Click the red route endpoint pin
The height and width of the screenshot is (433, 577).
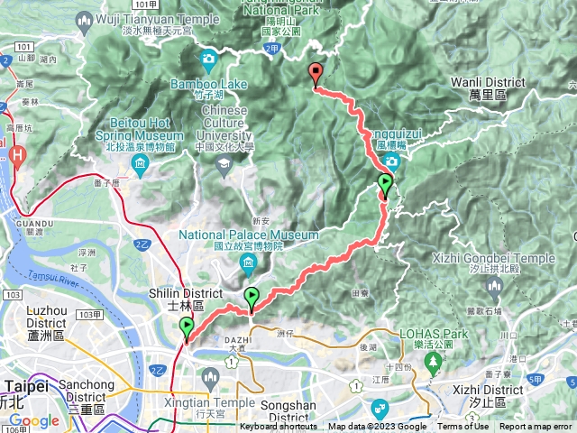[x=315, y=74]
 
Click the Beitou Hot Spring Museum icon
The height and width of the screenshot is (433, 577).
[x=140, y=162]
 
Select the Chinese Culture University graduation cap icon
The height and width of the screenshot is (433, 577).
[x=223, y=162]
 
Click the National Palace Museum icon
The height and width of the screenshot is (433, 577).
[x=250, y=263]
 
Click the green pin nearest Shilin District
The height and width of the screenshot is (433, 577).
[x=187, y=329]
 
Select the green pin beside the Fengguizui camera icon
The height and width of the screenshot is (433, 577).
[x=386, y=186]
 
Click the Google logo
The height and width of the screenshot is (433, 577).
[x=34, y=421]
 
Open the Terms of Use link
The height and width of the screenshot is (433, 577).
[x=463, y=427]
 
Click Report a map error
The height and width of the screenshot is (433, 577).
[x=536, y=427]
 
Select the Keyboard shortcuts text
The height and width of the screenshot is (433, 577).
[x=279, y=427]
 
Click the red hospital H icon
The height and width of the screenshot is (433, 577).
[x=18, y=155]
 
